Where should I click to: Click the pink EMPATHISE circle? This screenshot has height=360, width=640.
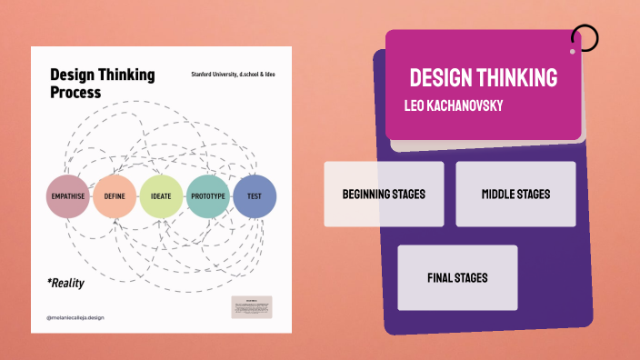[68, 195]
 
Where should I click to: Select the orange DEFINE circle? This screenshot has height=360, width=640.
[115, 195]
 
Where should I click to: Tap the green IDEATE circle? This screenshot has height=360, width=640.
[162, 195]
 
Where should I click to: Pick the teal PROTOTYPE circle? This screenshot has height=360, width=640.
[208, 195]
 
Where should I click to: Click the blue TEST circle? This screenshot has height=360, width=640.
[255, 195]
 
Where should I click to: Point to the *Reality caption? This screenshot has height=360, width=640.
[65, 283]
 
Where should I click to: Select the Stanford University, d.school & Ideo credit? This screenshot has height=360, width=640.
[235, 74]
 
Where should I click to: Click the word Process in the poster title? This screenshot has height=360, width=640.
[75, 92]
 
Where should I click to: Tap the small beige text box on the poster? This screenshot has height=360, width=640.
[252, 306]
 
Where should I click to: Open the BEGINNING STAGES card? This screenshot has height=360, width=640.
[384, 194]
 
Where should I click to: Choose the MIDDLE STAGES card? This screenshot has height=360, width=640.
[515, 194]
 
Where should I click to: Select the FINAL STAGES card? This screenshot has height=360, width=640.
[457, 277]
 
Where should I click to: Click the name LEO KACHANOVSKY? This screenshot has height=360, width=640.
[454, 105]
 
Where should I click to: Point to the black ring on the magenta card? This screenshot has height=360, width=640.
[585, 38]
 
